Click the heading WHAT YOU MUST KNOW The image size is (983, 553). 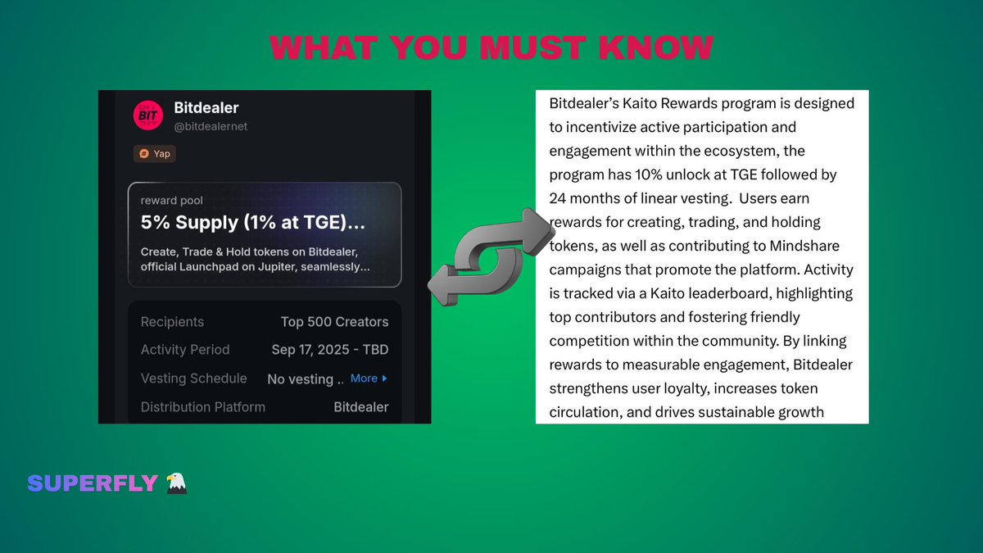(491, 48)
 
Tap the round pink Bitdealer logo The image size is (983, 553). (148, 116)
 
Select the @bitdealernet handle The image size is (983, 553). (211, 126)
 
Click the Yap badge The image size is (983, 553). (155, 153)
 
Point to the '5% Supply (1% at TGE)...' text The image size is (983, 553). (253, 222)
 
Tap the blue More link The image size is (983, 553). (368, 378)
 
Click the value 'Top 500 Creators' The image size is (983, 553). (334, 322)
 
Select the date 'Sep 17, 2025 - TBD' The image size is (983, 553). (329, 350)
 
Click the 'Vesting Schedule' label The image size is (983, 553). (193, 378)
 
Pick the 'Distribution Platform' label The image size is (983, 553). (202, 407)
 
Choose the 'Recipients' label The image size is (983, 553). (172, 322)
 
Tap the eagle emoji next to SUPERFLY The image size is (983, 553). (177, 483)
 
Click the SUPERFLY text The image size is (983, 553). (92, 483)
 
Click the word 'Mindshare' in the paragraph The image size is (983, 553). (804, 246)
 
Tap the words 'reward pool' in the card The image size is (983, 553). (171, 201)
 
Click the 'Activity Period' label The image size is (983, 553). (185, 350)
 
